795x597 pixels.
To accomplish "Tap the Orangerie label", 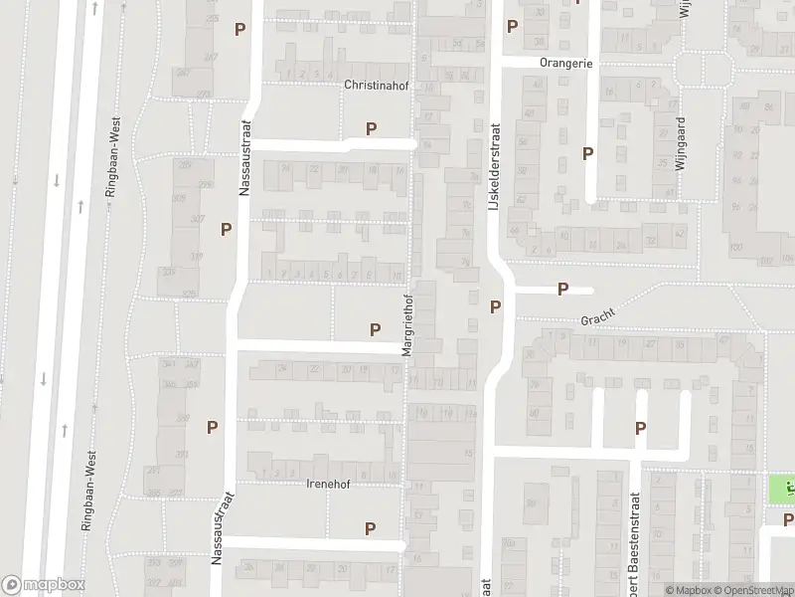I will pos(566,62).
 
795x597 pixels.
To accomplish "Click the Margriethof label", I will pos(406,325).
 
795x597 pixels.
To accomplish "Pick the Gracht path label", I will pos(598,317).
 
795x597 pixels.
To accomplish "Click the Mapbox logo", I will pos(43,585).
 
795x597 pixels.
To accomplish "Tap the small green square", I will pos(781,490).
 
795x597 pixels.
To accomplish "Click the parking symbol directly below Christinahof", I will pos(372,128).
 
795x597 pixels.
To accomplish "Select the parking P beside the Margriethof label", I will pos(376,329).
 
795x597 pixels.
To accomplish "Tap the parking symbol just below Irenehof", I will pos(371,528).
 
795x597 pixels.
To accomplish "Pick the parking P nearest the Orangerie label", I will pos(513,27).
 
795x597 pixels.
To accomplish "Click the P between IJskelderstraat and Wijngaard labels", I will pos(588,153).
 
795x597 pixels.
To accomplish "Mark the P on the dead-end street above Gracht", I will pos(562,290).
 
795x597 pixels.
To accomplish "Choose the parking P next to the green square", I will pos(787,519).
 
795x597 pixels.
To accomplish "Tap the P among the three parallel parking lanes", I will pos(641,428).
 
